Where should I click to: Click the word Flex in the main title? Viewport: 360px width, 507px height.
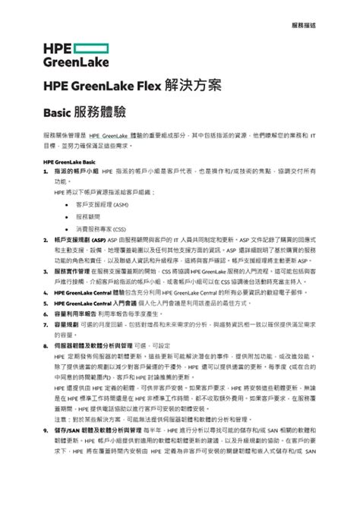click(148, 85)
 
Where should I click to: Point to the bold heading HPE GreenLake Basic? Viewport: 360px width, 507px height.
click(68, 162)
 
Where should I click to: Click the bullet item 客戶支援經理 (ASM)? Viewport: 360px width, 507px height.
click(102, 205)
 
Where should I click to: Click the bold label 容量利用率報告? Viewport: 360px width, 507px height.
click(76, 313)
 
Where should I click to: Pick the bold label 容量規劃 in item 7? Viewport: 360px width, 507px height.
click(66, 323)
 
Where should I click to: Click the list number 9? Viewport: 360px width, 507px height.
click(46, 430)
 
